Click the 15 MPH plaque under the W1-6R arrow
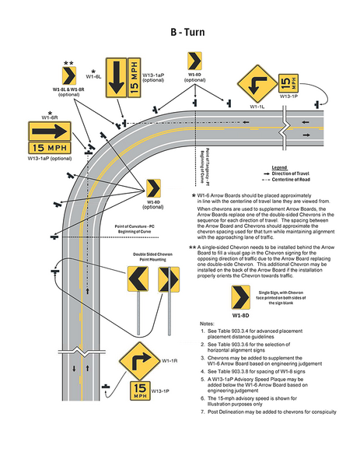tap(50, 147)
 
